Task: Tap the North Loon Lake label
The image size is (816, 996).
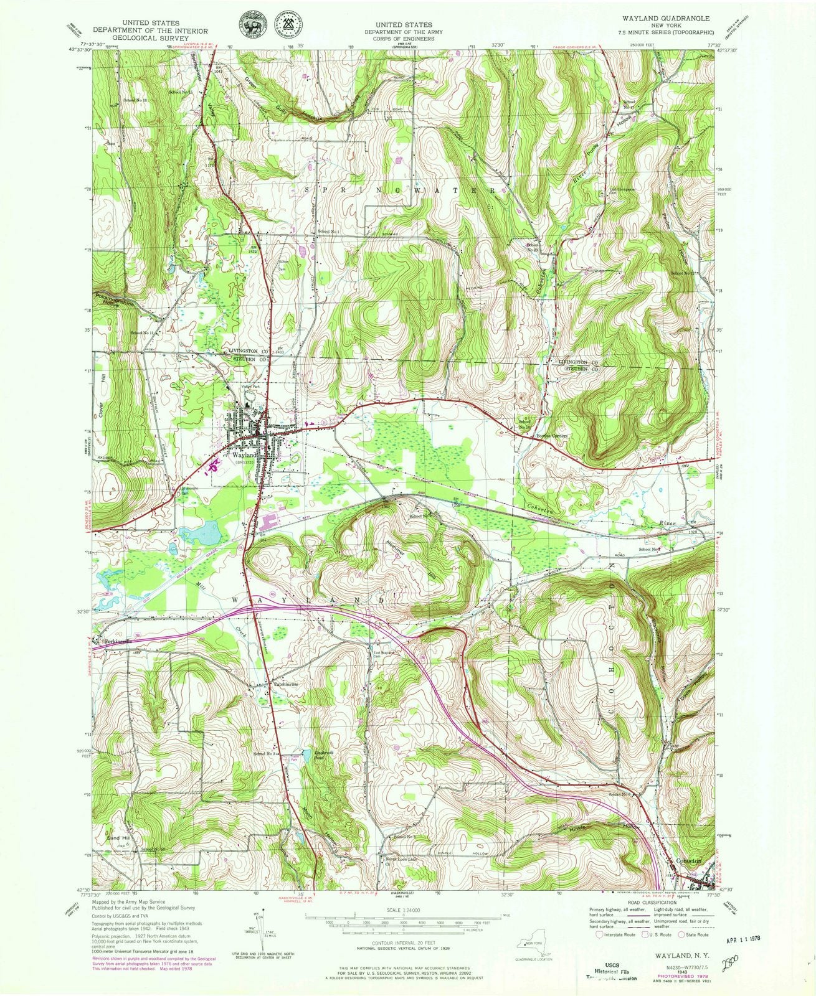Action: coord(399,860)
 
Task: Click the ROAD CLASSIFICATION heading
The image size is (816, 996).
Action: coord(651,903)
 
